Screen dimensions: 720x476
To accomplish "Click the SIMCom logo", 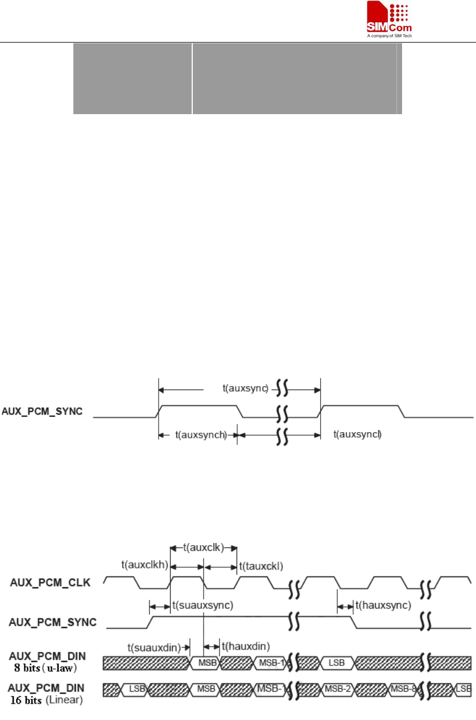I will click(388, 18).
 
